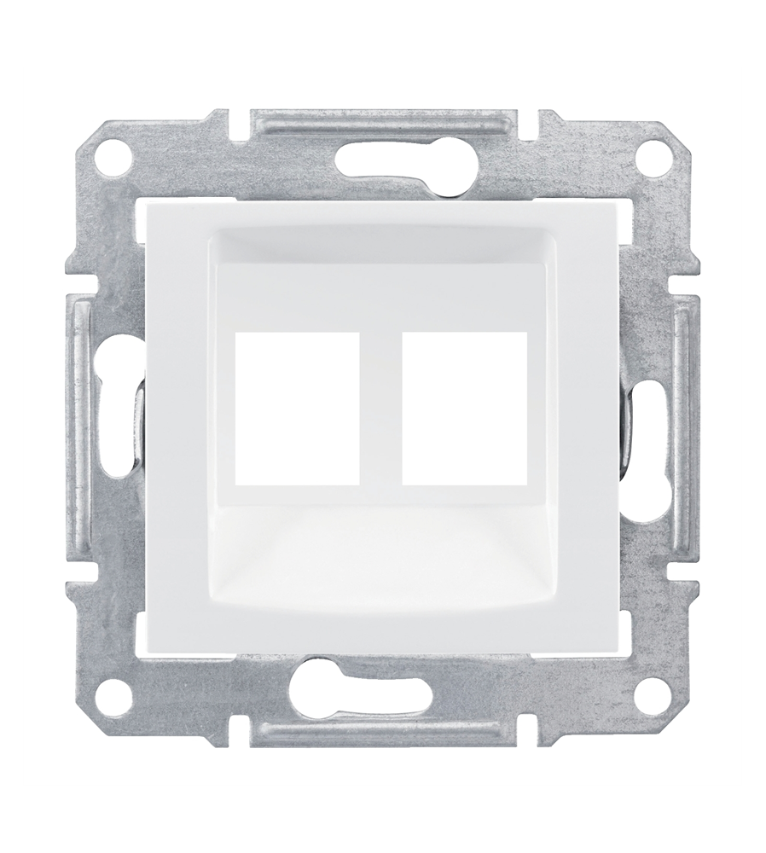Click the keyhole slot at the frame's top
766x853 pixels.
[x=383, y=156]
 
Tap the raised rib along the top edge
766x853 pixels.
[x=383, y=119]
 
